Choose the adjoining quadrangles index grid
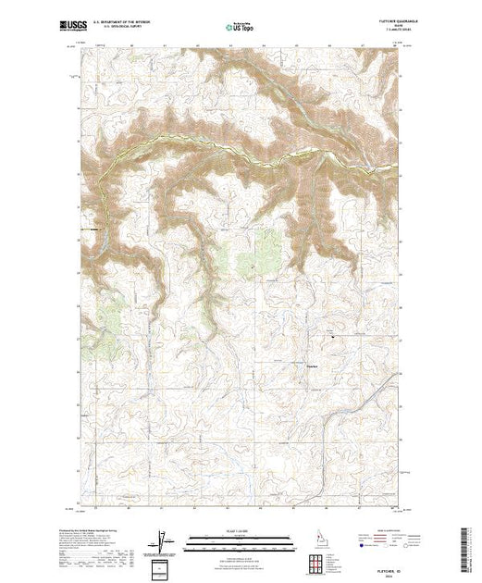(316, 564)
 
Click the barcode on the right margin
(465, 548)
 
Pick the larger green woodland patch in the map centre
(268, 248)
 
